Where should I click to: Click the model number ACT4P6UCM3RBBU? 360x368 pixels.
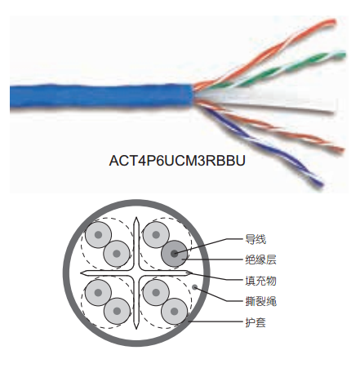[177, 161]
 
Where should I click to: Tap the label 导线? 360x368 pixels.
[256, 240]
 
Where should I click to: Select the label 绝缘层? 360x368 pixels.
[260, 259]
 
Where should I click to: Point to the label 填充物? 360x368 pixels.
[260, 281]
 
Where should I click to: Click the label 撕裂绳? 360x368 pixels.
[260, 301]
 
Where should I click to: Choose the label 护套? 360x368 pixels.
[256, 322]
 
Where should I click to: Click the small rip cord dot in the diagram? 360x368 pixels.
[195, 287]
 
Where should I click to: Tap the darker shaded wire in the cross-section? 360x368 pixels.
[175, 254]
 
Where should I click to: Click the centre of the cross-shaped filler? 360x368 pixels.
[136, 273]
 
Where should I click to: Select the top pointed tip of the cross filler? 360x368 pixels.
[136, 217]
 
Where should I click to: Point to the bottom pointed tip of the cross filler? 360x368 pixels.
[136, 329]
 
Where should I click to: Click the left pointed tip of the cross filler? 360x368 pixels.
[81, 273]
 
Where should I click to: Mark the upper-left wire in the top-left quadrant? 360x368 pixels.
[98, 235]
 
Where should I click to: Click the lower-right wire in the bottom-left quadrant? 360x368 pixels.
[117, 311]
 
